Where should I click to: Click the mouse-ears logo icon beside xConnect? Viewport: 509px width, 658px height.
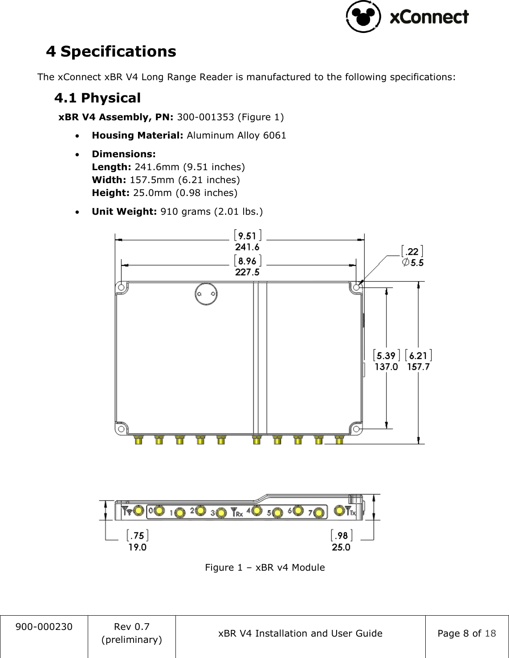363,16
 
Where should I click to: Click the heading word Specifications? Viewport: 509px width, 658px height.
118,52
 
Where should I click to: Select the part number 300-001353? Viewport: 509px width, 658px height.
205,117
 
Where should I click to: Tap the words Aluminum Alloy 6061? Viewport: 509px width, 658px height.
236,135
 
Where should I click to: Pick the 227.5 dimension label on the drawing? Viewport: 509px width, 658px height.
247,272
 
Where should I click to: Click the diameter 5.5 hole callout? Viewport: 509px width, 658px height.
413,262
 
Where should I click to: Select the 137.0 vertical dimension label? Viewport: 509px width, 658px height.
386,367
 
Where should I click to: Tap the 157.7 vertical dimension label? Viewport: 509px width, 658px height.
418,367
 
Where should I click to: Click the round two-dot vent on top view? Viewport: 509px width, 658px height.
206,294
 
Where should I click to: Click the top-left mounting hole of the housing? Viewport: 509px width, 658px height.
121,288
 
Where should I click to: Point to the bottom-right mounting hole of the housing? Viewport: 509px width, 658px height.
356,429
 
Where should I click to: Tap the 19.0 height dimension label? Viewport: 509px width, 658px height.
137,547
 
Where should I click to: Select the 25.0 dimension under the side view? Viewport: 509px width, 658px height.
341,547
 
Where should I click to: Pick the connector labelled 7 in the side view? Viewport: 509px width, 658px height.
319,513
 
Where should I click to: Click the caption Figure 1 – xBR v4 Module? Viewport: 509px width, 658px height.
265,568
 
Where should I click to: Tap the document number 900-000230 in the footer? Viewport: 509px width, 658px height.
44,627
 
